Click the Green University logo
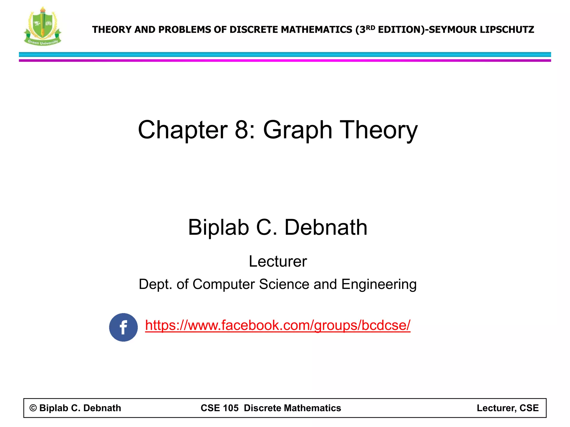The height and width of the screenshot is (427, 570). (43, 26)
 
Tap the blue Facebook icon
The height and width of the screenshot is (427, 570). (123, 327)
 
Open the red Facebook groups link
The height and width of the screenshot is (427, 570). (277, 325)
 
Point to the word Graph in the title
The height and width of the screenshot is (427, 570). (298, 130)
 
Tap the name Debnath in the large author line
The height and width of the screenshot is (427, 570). (326, 227)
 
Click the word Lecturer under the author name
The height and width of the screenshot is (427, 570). (278, 261)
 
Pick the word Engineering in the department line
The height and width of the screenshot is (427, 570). (379, 284)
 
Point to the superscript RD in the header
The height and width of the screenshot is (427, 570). (370, 28)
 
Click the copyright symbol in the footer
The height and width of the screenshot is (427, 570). (33, 408)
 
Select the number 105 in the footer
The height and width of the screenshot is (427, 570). (231, 408)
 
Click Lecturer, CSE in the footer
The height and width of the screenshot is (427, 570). (508, 408)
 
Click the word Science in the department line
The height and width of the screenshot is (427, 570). (284, 284)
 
